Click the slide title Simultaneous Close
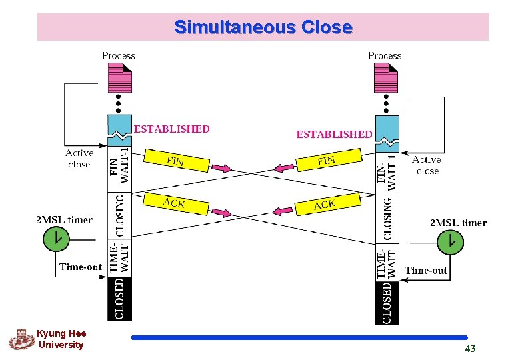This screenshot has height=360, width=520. pyautogui.click(x=263, y=27)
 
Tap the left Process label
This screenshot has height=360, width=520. pyautogui.click(x=119, y=55)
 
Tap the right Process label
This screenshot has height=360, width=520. pyautogui.click(x=385, y=55)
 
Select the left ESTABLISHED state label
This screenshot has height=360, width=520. pyautogui.click(x=172, y=129)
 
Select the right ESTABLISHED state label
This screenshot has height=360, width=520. pyautogui.click(x=334, y=134)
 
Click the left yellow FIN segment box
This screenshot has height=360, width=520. pyautogui.click(x=175, y=161)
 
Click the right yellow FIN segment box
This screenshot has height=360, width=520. pyautogui.click(x=327, y=160)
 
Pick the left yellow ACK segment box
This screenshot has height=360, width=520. pyautogui.click(x=174, y=203)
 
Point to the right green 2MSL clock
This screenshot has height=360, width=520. pyautogui.click(x=451, y=241)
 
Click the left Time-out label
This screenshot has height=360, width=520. pyautogui.click(x=81, y=267)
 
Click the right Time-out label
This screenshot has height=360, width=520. pyautogui.click(x=426, y=270)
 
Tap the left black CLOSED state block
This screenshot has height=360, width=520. pyautogui.click(x=120, y=298)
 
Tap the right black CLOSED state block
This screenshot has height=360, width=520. pyautogui.click(x=387, y=302)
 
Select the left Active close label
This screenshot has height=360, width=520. pyautogui.click(x=79, y=159)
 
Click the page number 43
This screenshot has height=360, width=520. pyautogui.click(x=470, y=349)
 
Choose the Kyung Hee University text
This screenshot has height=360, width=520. pyautogui.click(x=61, y=339)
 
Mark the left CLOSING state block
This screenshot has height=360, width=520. pyautogui.click(x=120, y=215)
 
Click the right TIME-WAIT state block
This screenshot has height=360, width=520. pyautogui.click(x=387, y=263)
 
